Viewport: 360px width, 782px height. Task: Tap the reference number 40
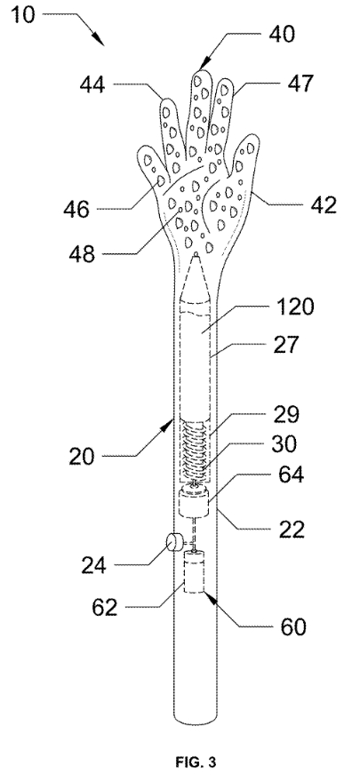[x=282, y=34]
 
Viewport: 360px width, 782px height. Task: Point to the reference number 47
[x=300, y=84]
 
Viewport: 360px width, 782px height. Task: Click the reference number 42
[x=322, y=204]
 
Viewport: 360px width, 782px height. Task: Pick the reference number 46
[x=76, y=209]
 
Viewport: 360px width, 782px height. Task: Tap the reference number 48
[x=83, y=254]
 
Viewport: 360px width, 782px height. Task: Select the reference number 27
[x=284, y=345]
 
